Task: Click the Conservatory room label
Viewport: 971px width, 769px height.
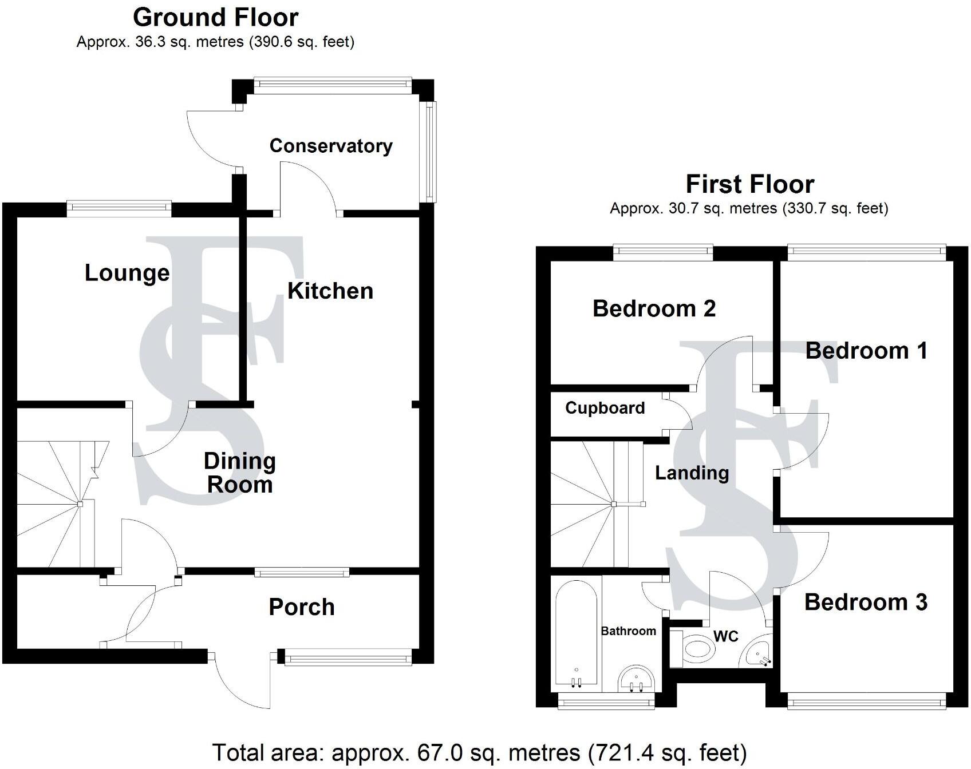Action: tap(331, 146)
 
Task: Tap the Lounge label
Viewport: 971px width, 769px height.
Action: tap(127, 273)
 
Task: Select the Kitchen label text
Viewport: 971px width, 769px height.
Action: tap(330, 291)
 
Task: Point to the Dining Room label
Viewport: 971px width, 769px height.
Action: tap(240, 473)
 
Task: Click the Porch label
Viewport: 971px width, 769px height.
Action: tap(302, 607)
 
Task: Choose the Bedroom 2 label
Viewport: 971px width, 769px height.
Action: tap(654, 308)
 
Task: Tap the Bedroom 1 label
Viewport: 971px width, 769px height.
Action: tap(866, 351)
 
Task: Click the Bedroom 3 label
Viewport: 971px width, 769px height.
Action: tap(866, 602)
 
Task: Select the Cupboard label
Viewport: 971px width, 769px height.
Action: tap(605, 408)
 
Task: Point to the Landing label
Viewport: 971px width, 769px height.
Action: tap(692, 473)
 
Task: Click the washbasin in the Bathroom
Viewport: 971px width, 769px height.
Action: tap(636, 679)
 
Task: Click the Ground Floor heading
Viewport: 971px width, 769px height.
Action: tap(216, 18)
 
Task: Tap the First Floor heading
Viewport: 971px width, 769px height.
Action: tap(750, 184)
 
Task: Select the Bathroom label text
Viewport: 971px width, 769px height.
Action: tap(629, 631)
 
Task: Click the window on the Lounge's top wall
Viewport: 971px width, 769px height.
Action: tap(119, 209)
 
